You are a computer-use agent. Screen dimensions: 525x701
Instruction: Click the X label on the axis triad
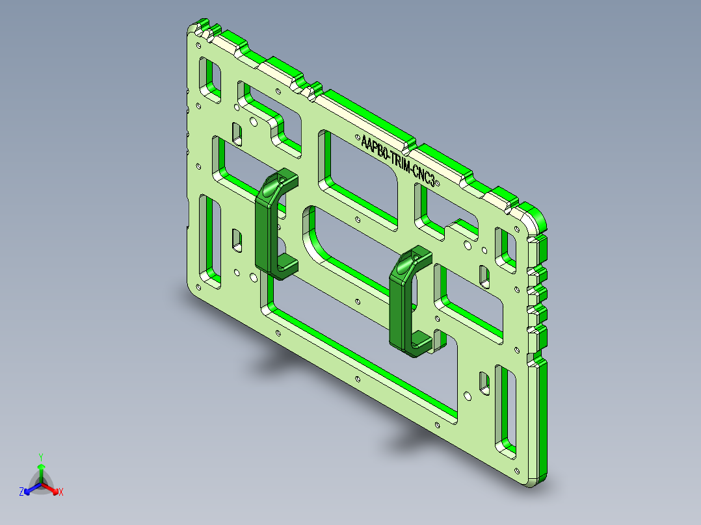61,492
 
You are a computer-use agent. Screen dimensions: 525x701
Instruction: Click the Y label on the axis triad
40,457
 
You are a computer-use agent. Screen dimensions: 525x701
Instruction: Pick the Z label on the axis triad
21,492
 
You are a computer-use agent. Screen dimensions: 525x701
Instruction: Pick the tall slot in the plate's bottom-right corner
507,409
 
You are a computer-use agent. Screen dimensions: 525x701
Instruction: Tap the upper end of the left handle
280,181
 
